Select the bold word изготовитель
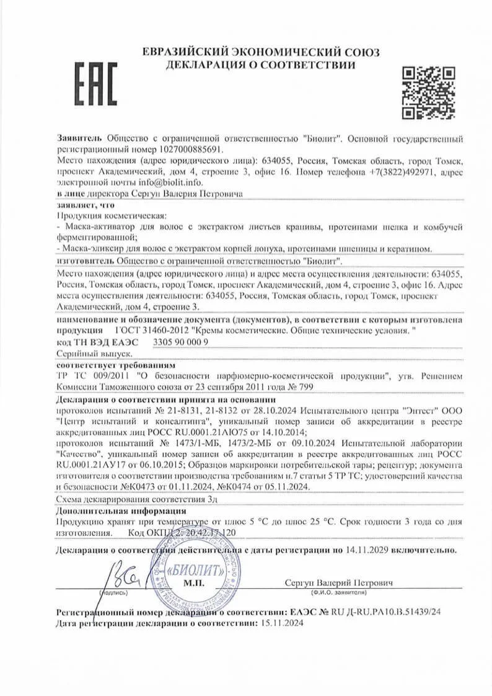81,262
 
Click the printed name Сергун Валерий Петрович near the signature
338,583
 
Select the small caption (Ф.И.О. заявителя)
339,593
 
